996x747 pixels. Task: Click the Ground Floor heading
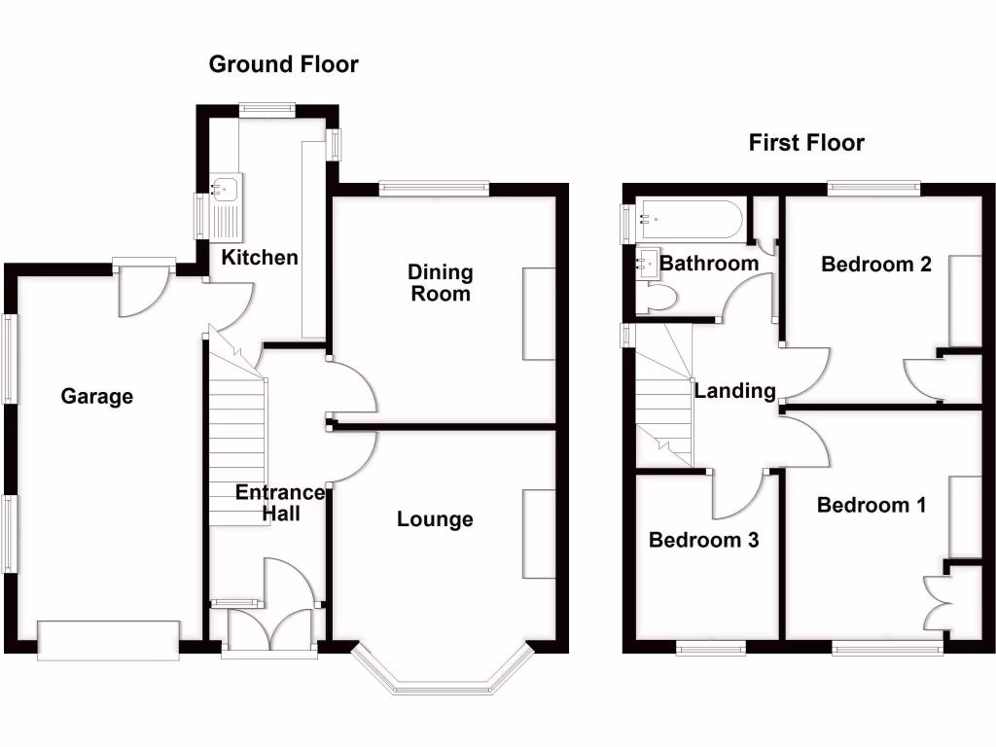pyautogui.click(x=284, y=65)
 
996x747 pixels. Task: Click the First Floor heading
pyautogui.click(x=806, y=143)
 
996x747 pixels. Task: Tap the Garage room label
pyautogui.click(x=97, y=396)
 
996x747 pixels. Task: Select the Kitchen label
pyautogui.click(x=260, y=258)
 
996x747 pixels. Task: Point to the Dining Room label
pyautogui.click(x=441, y=282)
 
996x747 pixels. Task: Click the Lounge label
pyautogui.click(x=435, y=519)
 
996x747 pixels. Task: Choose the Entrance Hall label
pyautogui.click(x=280, y=504)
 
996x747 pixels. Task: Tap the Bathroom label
pyautogui.click(x=709, y=263)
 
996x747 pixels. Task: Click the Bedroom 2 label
pyautogui.click(x=876, y=264)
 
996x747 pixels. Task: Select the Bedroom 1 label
pyautogui.click(x=871, y=505)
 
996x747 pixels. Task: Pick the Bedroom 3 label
pyautogui.click(x=704, y=540)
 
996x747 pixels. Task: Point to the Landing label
pyautogui.click(x=735, y=391)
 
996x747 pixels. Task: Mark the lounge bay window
pyautogui.click(x=443, y=676)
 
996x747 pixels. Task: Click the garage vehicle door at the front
pyautogui.click(x=108, y=639)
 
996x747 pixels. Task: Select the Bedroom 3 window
pyautogui.click(x=711, y=648)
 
